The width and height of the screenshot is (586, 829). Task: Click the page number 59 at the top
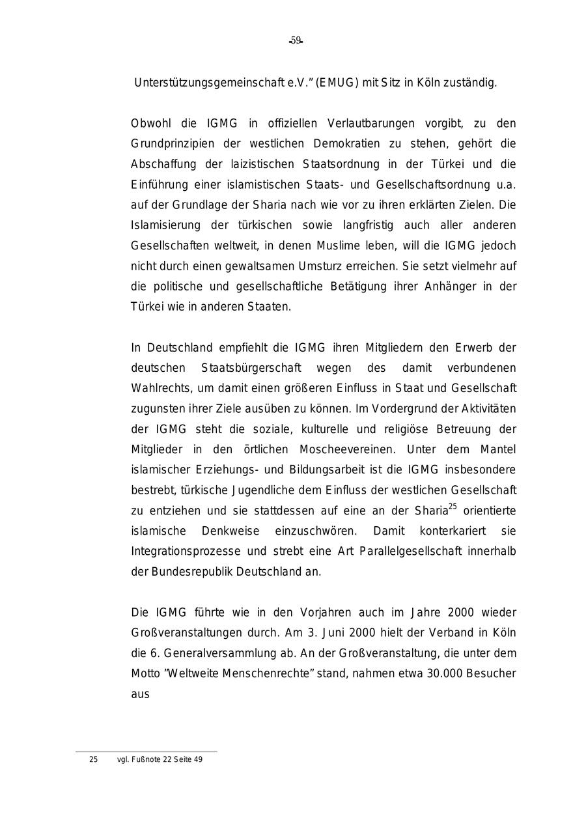(x=296, y=40)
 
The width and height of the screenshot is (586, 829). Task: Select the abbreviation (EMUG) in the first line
(x=337, y=83)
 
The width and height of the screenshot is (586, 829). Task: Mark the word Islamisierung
(x=166, y=225)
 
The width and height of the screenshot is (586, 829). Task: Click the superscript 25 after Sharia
(x=453, y=506)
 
